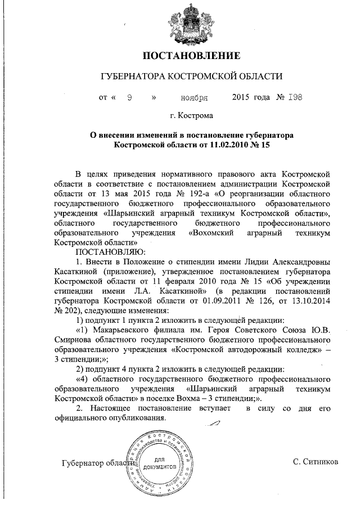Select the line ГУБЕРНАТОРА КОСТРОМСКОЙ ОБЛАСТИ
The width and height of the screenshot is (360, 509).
coord(192,76)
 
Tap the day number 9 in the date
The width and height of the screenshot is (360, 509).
coord(129,97)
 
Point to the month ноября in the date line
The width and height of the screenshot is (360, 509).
coord(193,97)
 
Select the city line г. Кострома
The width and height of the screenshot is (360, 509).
coord(192,117)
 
